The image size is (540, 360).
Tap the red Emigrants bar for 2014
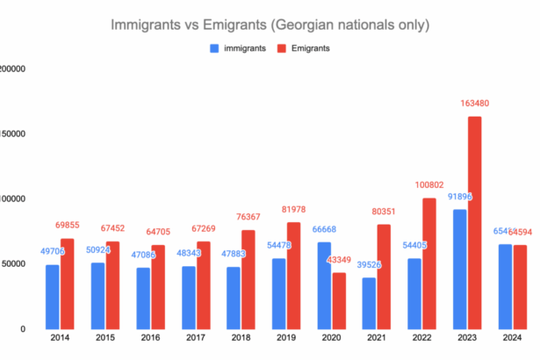coord(67,284)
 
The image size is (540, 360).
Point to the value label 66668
coord(322,229)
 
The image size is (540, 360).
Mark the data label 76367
coord(250,217)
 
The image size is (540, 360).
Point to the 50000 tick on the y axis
coord(11,264)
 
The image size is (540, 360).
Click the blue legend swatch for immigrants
coord(215,48)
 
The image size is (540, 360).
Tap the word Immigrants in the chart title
coord(148,25)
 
